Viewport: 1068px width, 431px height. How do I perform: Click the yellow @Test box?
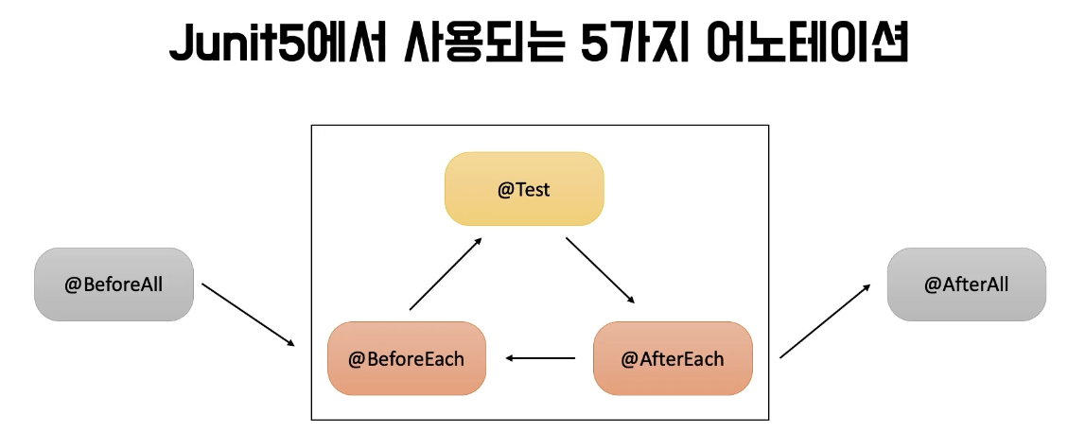[524, 189]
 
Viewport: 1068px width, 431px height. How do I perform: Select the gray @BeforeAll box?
[114, 284]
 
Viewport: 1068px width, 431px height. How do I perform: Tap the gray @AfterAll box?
[966, 284]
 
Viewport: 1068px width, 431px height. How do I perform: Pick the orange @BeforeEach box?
[407, 358]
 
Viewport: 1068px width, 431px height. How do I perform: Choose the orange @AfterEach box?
[673, 358]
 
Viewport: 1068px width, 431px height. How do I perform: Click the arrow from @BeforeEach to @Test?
[446, 274]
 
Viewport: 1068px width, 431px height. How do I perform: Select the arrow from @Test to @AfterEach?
[601, 271]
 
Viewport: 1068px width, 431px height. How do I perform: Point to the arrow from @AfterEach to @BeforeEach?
[540, 358]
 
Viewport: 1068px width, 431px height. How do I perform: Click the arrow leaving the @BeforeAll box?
[249, 314]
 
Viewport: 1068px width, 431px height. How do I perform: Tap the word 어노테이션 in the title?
[806, 45]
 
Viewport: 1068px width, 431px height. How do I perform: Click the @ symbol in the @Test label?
[505, 190]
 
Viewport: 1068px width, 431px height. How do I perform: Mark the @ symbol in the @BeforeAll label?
[72, 285]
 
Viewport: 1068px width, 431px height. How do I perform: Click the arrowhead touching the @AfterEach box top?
[630, 301]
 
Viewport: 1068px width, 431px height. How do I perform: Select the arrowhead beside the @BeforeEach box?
[510, 358]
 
